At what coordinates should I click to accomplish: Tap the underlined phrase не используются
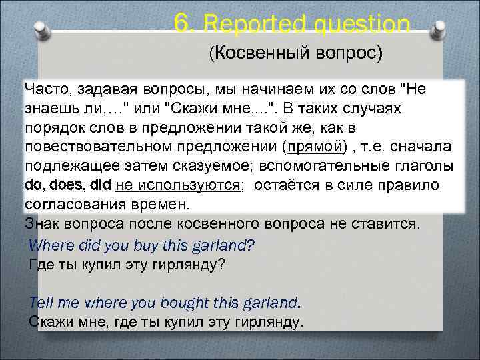(x=178, y=185)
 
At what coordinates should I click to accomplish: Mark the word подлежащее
(x=71, y=165)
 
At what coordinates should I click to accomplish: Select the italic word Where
(x=52, y=245)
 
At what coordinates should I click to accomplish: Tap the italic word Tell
(x=41, y=302)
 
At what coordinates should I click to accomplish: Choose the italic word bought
(x=183, y=302)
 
